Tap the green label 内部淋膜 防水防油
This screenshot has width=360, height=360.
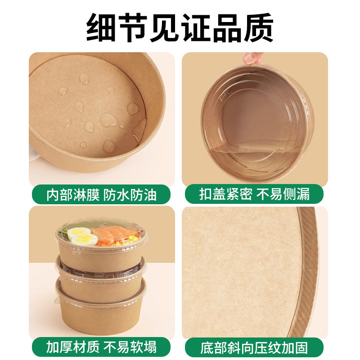[x=102, y=195]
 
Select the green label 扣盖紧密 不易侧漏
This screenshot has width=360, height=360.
[x=254, y=195]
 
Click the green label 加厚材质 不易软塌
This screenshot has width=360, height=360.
[x=102, y=347]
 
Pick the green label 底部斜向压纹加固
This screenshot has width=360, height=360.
[x=254, y=348]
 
